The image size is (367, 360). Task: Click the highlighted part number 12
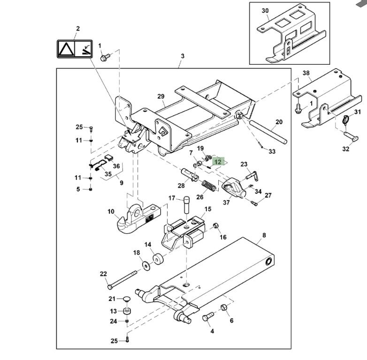click(x=218, y=162)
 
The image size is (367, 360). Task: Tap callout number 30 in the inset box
click(x=265, y=10)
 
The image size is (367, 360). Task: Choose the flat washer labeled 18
click(x=146, y=266)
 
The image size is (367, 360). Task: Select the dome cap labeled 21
click(x=126, y=299)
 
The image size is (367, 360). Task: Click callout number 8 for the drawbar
click(x=264, y=235)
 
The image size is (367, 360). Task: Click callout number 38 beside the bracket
click(x=306, y=73)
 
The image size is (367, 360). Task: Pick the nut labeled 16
click(x=216, y=227)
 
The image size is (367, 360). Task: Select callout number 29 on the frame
click(x=161, y=97)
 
